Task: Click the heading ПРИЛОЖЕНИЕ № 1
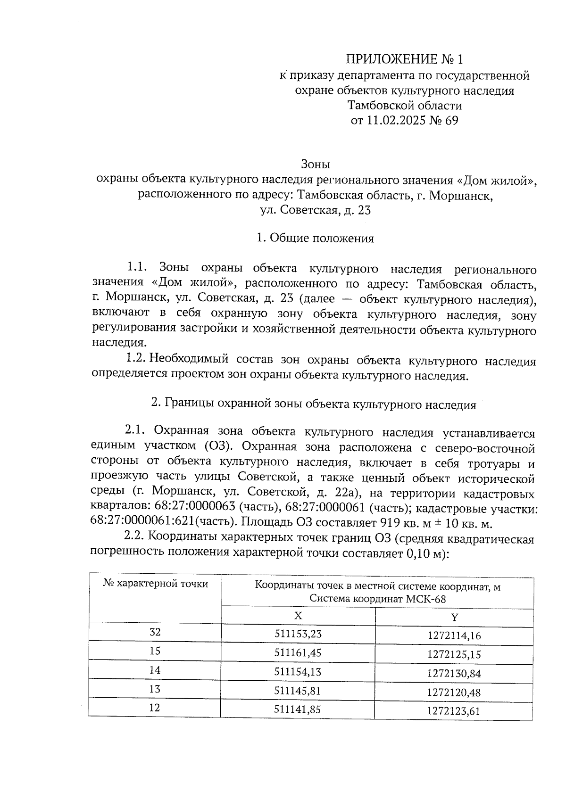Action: click(x=405, y=59)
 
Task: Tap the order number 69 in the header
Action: click(x=451, y=121)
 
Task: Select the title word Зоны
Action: click(x=315, y=165)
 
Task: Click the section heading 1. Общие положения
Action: click(x=315, y=239)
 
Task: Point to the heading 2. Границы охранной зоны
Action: click(x=313, y=404)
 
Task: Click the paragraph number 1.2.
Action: click(x=135, y=359)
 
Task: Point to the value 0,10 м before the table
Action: click(x=423, y=554)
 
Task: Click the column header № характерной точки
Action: click(x=155, y=584)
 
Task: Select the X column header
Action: click(x=298, y=616)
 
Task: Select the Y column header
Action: click(x=454, y=617)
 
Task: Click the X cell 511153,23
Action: click(x=298, y=634)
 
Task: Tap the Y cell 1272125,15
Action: click(x=454, y=655)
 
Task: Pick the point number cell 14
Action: click(x=155, y=670)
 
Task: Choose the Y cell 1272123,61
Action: click(x=454, y=711)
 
